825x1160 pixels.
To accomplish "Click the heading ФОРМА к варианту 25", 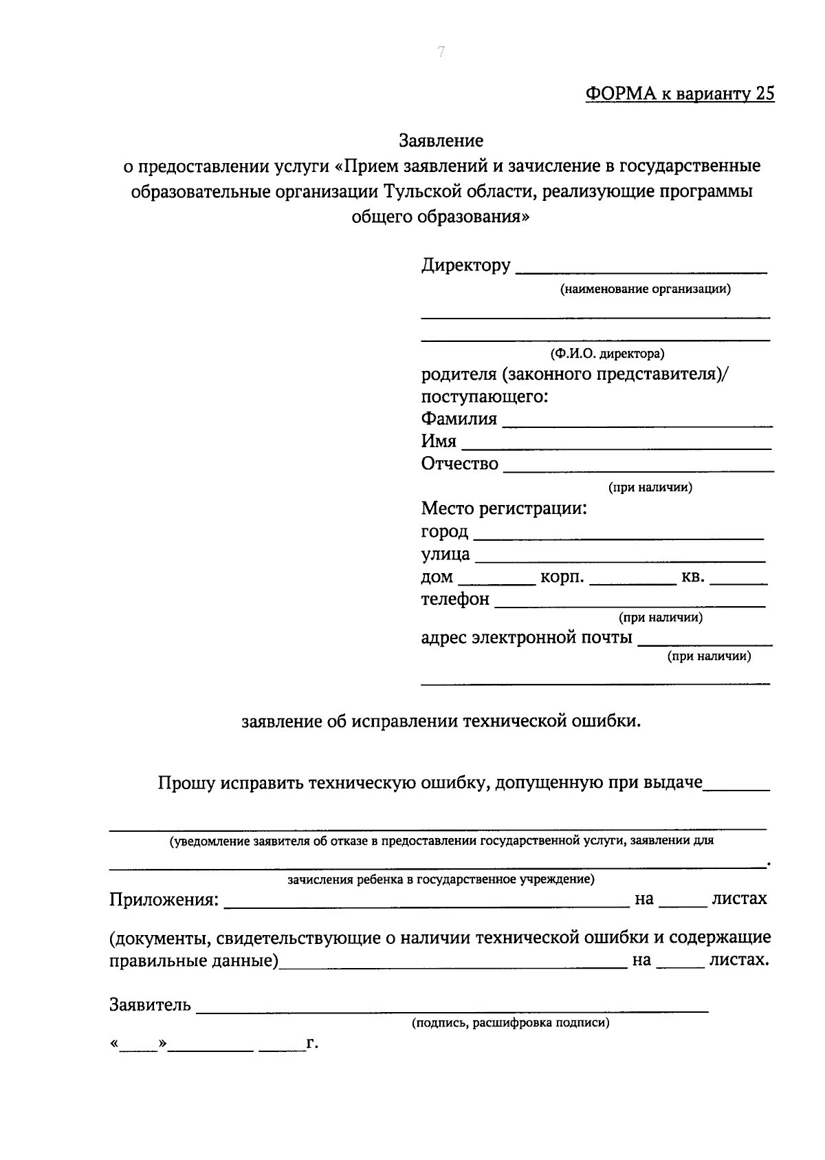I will point(680,94).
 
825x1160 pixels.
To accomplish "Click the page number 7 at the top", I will point(441,52).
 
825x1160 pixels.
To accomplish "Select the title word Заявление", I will point(441,141).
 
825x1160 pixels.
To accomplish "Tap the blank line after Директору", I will point(641,268).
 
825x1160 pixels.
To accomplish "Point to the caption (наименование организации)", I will point(645,290).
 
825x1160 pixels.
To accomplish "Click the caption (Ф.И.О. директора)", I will point(606,354).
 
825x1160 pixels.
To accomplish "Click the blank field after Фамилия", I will point(637,422).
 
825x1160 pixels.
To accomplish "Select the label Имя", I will point(439,442).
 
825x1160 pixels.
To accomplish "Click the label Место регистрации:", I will point(504,509).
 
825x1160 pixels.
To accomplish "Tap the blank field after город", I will point(619,534).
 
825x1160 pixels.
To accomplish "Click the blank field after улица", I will point(620,557).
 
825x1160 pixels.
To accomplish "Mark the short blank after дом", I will point(496,580).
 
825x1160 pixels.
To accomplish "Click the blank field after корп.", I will point(632,580).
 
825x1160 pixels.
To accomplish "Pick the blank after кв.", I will point(738,580).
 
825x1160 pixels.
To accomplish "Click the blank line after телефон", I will point(630,603).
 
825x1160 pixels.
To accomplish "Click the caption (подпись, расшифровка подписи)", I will point(511,1023).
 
